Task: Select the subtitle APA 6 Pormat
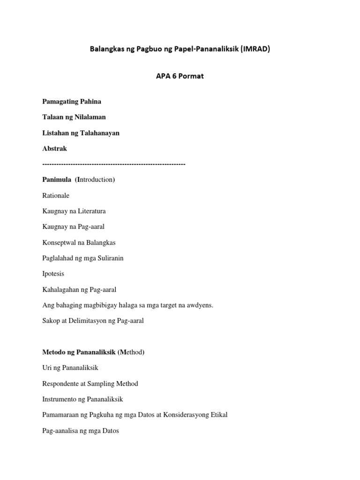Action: coord(180,76)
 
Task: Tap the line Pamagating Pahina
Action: coord(72,101)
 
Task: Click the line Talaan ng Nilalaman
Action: coord(74,117)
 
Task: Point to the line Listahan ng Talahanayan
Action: coord(81,133)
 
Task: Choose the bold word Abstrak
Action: coord(55,149)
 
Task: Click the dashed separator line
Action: coord(114,164)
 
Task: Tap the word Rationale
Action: coord(56,195)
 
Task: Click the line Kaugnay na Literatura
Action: coord(74,211)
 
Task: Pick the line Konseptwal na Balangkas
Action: coord(79,242)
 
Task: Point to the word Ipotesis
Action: coord(53,274)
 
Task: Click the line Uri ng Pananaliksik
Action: coord(70,368)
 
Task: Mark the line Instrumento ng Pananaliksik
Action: coord(82,399)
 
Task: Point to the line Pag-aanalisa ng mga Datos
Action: coord(81,431)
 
